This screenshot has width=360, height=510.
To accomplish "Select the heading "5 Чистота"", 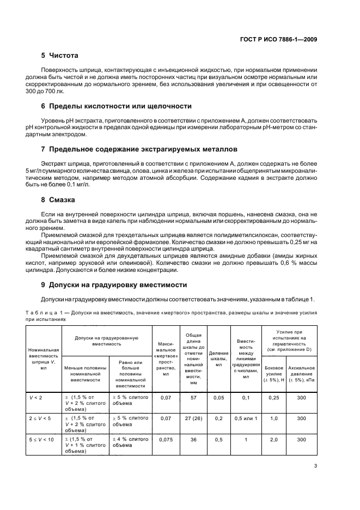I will pyautogui.click(x=60, y=56).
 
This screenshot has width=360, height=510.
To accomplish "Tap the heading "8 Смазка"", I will pyautogui.click(x=59, y=199).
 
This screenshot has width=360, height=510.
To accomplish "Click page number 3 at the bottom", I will pyautogui.click(x=316, y=481).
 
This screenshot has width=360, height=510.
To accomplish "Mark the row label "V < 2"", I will pyautogui.click(x=37, y=398).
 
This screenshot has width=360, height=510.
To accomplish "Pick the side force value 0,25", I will pyautogui.click(x=273, y=398).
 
